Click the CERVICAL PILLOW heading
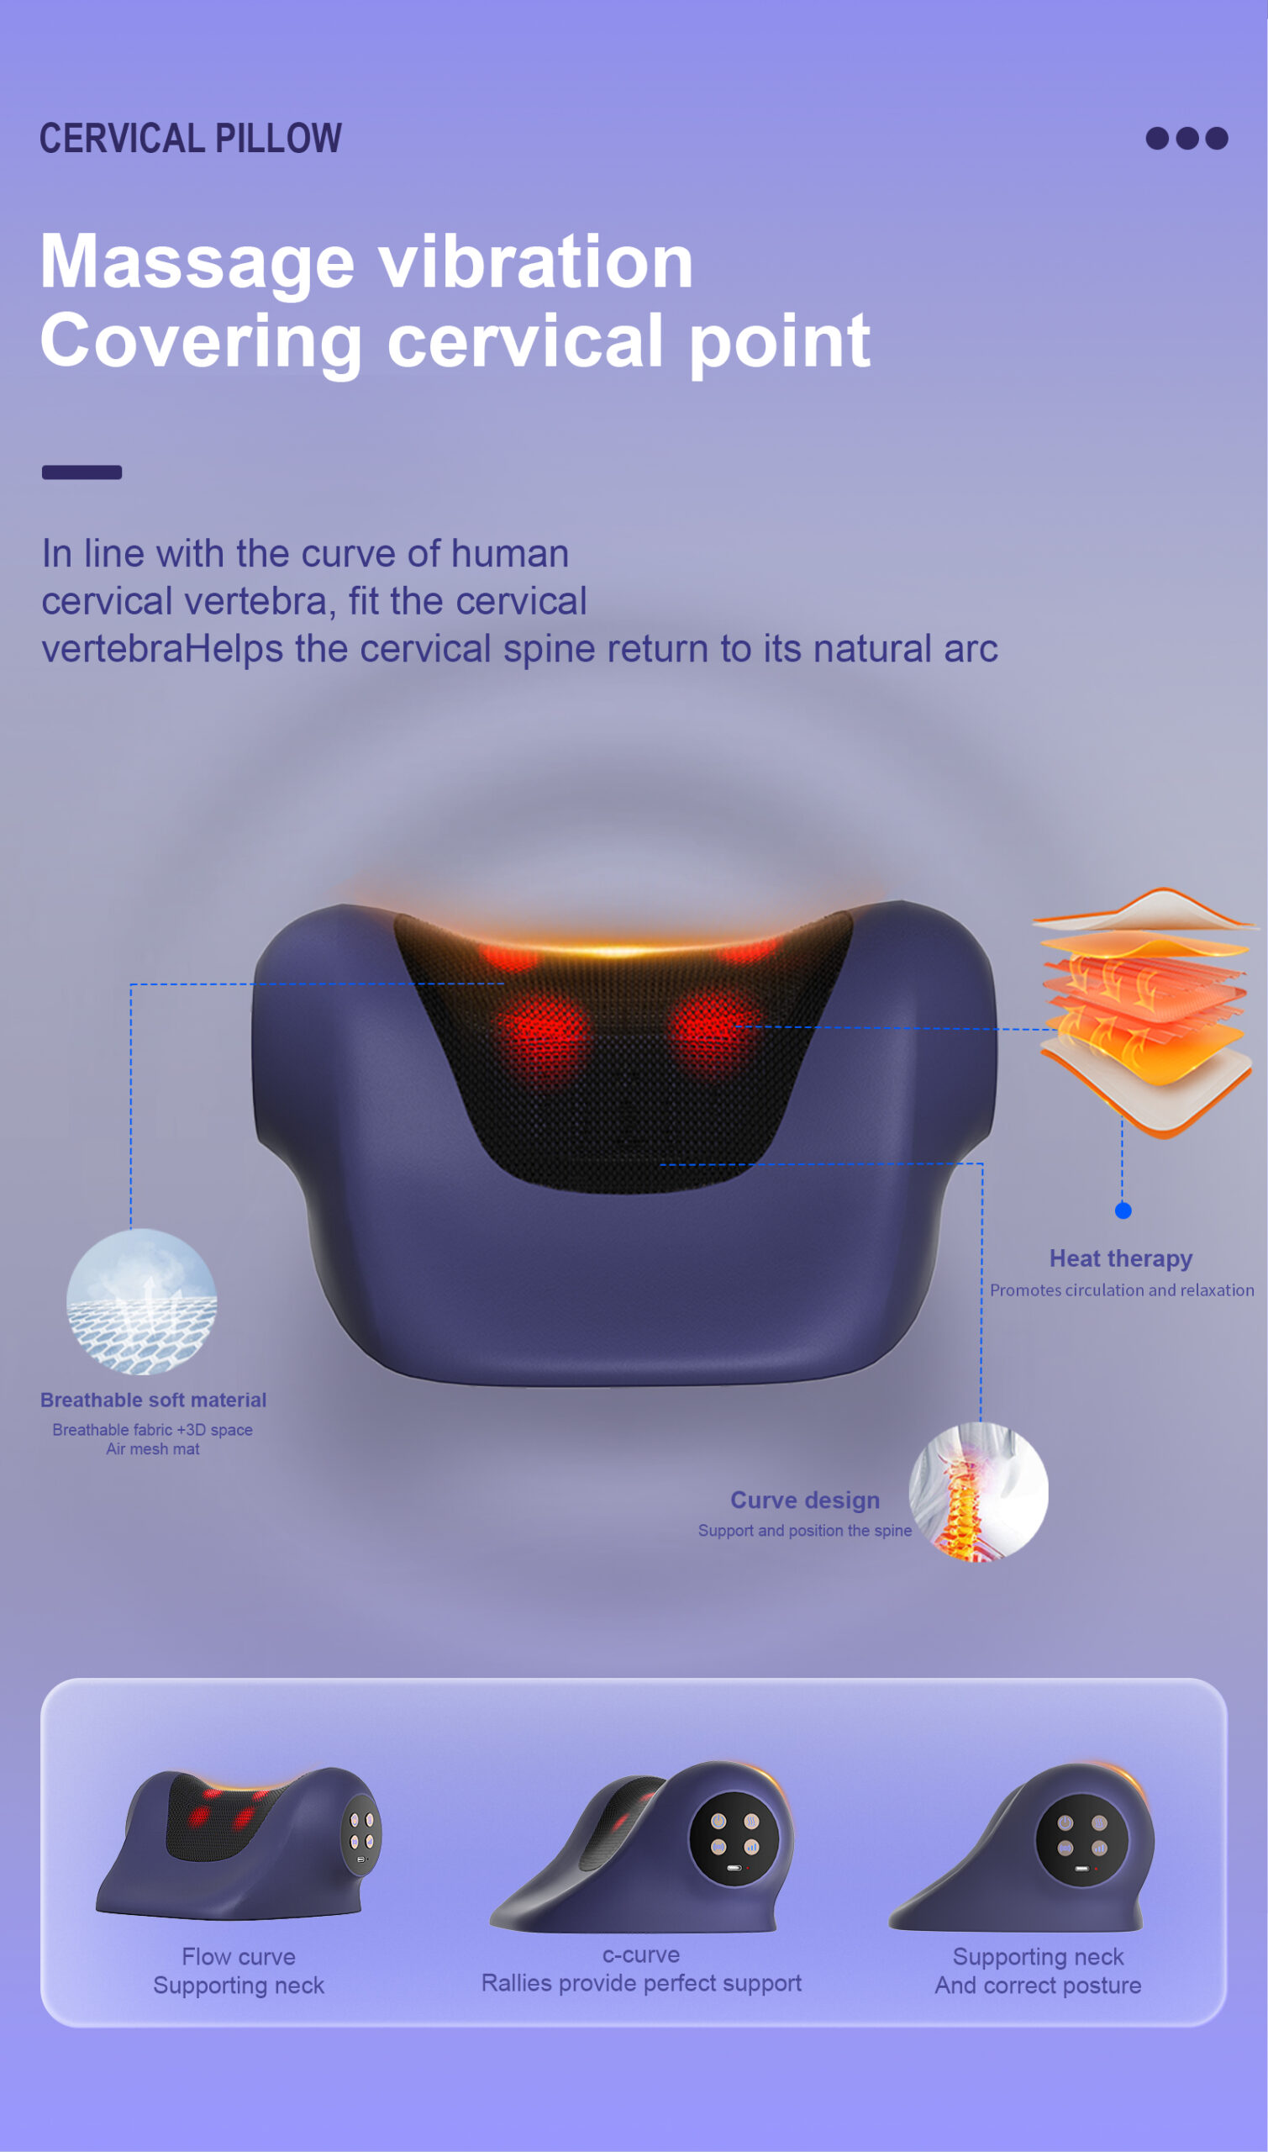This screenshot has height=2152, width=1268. (191, 139)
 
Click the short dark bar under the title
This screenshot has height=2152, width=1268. (82, 472)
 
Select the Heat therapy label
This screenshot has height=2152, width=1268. (1121, 1259)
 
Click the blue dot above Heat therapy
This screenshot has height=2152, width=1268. (1123, 1210)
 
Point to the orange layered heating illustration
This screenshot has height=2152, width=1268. (1145, 1013)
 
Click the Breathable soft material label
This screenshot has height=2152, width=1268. (154, 1400)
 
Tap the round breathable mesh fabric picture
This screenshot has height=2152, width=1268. (142, 1301)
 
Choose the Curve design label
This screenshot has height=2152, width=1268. (805, 1501)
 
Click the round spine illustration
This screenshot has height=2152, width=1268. (979, 1492)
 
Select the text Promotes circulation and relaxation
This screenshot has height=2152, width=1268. (1122, 1290)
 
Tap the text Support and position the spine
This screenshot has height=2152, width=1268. (805, 1531)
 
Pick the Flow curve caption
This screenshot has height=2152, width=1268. (239, 1956)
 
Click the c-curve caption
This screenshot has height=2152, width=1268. (641, 1954)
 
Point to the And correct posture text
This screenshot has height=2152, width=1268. (1038, 1986)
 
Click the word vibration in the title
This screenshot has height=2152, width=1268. (536, 261)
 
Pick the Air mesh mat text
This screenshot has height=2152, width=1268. (153, 1448)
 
